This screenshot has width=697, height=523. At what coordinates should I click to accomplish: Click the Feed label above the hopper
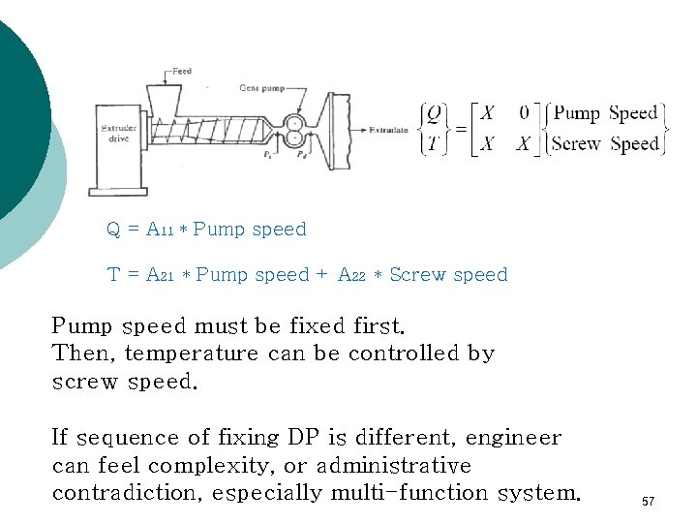[181, 72]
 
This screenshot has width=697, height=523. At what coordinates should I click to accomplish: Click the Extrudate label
[391, 128]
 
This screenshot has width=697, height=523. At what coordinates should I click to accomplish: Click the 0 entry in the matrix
[524, 113]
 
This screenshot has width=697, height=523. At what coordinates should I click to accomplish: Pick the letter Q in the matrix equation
[434, 114]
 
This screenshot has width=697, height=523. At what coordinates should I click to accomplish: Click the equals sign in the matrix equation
[460, 129]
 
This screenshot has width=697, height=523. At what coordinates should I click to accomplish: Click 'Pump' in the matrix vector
[577, 113]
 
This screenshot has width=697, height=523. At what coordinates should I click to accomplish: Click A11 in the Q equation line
[159, 231]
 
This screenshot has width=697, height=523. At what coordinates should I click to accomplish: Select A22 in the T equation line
[351, 275]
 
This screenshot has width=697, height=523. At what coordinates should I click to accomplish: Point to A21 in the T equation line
[159, 275]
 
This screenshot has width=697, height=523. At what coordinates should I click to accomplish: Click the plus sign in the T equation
[321, 275]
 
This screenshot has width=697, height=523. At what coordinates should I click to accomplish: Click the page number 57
[649, 502]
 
